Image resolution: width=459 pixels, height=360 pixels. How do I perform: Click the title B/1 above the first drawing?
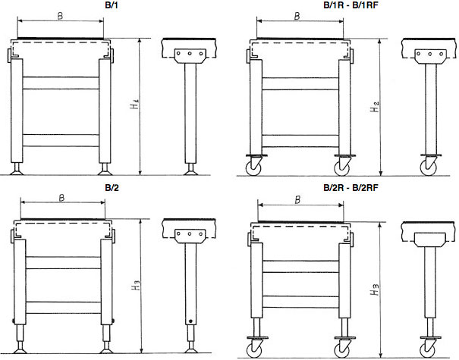click(x=112, y=5)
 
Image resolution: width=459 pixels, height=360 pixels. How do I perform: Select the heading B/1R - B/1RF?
click(x=351, y=5)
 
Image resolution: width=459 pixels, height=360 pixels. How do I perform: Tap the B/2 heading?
click(x=112, y=188)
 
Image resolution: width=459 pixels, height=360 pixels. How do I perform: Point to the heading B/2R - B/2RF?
click(x=351, y=188)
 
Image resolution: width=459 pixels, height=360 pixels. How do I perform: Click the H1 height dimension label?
click(x=134, y=105)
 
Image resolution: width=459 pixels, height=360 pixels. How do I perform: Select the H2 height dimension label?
click(x=374, y=107)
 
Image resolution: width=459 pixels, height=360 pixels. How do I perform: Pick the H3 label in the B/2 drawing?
click(x=136, y=286)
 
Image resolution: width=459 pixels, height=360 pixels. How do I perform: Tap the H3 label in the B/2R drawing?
click(x=375, y=290)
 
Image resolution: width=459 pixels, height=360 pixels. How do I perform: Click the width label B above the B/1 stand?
click(x=60, y=16)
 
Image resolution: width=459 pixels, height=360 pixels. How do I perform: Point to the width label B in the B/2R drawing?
click(x=297, y=200)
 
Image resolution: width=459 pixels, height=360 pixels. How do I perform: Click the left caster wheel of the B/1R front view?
click(x=253, y=168)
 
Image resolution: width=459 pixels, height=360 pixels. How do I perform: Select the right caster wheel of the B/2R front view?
click(x=342, y=350)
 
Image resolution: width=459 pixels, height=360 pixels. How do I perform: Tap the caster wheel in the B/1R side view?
click(x=428, y=167)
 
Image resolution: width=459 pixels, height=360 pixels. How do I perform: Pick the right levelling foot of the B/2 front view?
click(x=106, y=347)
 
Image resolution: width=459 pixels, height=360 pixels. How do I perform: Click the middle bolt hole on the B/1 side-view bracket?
click(x=190, y=54)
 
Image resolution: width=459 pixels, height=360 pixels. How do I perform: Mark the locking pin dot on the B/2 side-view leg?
click(x=190, y=321)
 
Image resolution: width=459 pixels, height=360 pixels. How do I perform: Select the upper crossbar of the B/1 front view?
click(x=61, y=83)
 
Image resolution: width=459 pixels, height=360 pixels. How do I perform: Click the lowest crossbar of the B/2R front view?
click(x=300, y=302)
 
